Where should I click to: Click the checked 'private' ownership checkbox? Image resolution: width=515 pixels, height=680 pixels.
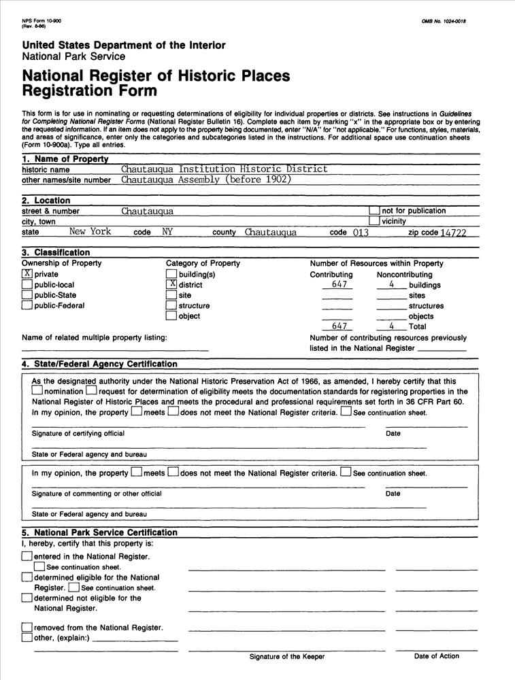[x=27, y=274]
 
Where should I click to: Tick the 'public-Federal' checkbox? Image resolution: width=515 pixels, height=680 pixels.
[x=27, y=305]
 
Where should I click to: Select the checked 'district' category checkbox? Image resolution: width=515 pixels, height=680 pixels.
[x=171, y=284]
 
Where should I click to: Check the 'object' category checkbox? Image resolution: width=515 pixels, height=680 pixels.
[x=171, y=316]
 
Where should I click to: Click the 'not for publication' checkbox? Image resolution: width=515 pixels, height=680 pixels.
[x=374, y=211]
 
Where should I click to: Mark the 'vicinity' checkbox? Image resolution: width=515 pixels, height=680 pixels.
[x=374, y=221]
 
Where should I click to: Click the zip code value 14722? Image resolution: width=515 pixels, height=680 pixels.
[x=453, y=233]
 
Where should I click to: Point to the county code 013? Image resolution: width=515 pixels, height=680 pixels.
[x=361, y=233]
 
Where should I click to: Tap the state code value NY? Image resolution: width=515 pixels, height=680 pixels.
[x=167, y=232]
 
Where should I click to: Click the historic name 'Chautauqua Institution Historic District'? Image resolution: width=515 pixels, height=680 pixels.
[x=225, y=169]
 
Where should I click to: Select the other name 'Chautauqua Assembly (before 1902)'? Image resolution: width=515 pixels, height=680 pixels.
[x=206, y=180]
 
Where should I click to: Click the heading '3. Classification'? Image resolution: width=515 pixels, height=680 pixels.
[x=56, y=252]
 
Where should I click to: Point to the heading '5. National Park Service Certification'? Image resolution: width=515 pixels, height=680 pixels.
[x=99, y=532]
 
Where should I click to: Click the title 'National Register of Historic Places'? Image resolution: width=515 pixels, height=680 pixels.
[x=156, y=75]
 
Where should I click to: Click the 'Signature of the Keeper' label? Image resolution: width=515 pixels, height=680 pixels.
[x=286, y=657]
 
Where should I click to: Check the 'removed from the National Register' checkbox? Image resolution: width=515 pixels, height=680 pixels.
[x=27, y=627]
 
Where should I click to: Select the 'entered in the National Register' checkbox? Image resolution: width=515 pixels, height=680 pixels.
[x=27, y=556]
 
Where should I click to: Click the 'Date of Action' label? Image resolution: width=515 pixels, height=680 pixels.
[x=436, y=656]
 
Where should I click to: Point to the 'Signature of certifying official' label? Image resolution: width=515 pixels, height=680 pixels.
[x=78, y=434]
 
